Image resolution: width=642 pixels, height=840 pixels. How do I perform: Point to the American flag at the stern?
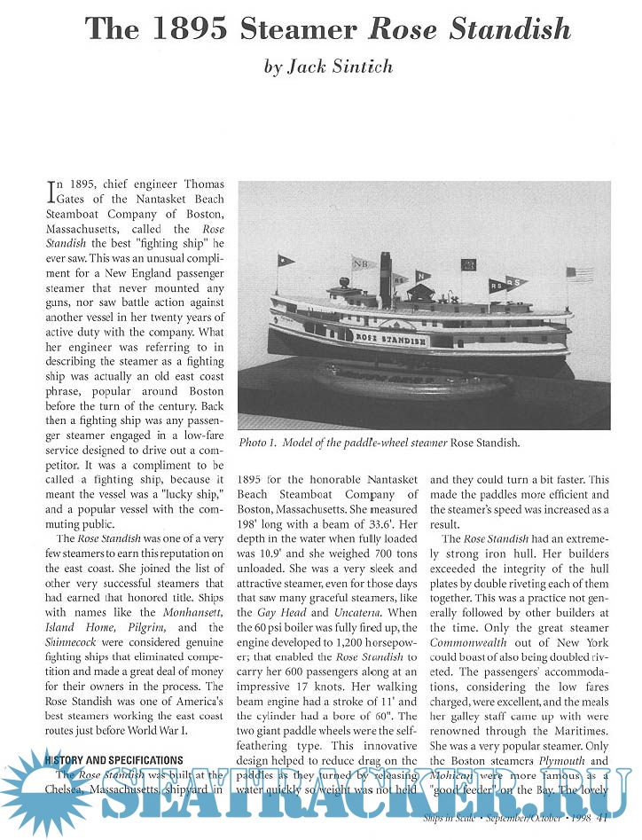point(580,273)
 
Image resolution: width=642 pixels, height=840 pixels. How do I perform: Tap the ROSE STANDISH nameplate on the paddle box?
point(391,339)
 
